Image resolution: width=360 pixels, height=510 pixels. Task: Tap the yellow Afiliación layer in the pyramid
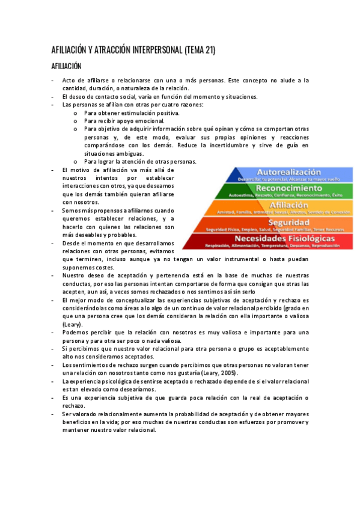290,208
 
